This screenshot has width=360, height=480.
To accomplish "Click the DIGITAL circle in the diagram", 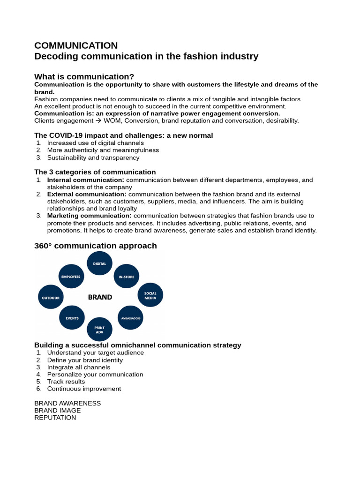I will (x=100, y=263).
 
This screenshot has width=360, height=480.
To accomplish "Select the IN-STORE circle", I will (x=127, y=277).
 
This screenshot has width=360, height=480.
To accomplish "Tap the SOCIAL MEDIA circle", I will (x=150, y=295).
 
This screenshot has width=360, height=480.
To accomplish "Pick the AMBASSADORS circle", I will (x=130, y=318).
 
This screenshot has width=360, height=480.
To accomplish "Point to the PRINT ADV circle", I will (x=100, y=330).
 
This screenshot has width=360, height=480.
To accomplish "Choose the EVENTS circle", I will (x=72, y=318).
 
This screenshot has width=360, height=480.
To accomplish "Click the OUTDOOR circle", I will (x=51, y=297).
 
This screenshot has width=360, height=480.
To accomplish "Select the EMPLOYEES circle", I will (x=71, y=277).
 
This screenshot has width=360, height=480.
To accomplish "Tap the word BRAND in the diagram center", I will (x=100, y=297).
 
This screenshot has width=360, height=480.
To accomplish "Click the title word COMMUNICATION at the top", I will (x=76, y=45).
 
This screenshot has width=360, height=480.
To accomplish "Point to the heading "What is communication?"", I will (x=84, y=77).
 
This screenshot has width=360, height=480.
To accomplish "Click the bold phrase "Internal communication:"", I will (x=86, y=180).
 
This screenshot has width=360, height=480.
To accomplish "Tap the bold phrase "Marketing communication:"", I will (x=90, y=216).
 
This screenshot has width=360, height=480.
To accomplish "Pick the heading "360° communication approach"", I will (x=96, y=246).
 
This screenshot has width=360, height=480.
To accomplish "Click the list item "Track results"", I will (x=66, y=382).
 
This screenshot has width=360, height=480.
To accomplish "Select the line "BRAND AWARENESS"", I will (x=67, y=403).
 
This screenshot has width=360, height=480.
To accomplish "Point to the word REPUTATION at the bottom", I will (x=55, y=418).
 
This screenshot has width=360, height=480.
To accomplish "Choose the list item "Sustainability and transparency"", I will (x=93, y=157).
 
